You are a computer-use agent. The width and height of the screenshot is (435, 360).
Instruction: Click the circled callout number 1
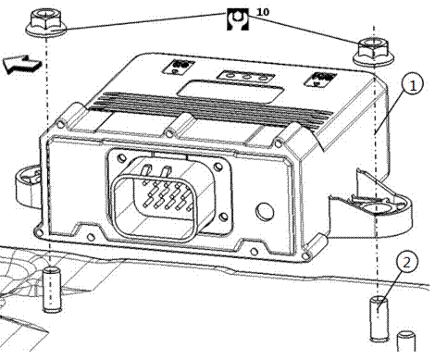pyautogui.click(x=413, y=85)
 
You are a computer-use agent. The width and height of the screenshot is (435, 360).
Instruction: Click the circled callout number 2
pyautogui.click(x=407, y=263)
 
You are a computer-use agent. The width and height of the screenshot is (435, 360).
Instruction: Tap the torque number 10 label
pyautogui.click(x=263, y=12)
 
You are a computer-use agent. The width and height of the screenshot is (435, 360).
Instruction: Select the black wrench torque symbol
pyautogui.click(x=238, y=19)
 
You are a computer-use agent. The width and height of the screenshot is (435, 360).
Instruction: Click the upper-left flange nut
pyautogui.click(x=45, y=22)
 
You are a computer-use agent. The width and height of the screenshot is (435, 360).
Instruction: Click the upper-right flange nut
pyautogui.click(x=373, y=52)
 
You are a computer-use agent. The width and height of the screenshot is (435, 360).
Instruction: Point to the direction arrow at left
pyautogui.click(x=22, y=64)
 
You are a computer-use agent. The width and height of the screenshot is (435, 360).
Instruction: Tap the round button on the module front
pyautogui.click(x=265, y=211)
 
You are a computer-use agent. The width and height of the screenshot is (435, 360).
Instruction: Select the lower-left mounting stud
pyautogui.click(x=52, y=290)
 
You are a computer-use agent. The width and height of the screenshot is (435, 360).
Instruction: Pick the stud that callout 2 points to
pyautogui.click(x=379, y=318)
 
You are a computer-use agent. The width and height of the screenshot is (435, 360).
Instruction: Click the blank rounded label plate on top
pyautogui.click(x=230, y=92)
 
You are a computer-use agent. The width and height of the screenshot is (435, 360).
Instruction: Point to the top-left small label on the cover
pyautogui.click(x=179, y=68)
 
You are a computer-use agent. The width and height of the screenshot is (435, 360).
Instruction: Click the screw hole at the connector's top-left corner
pyautogui.click(x=121, y=158)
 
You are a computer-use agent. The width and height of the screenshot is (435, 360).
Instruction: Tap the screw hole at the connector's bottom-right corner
pyautogui.click(x=224, y=217)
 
